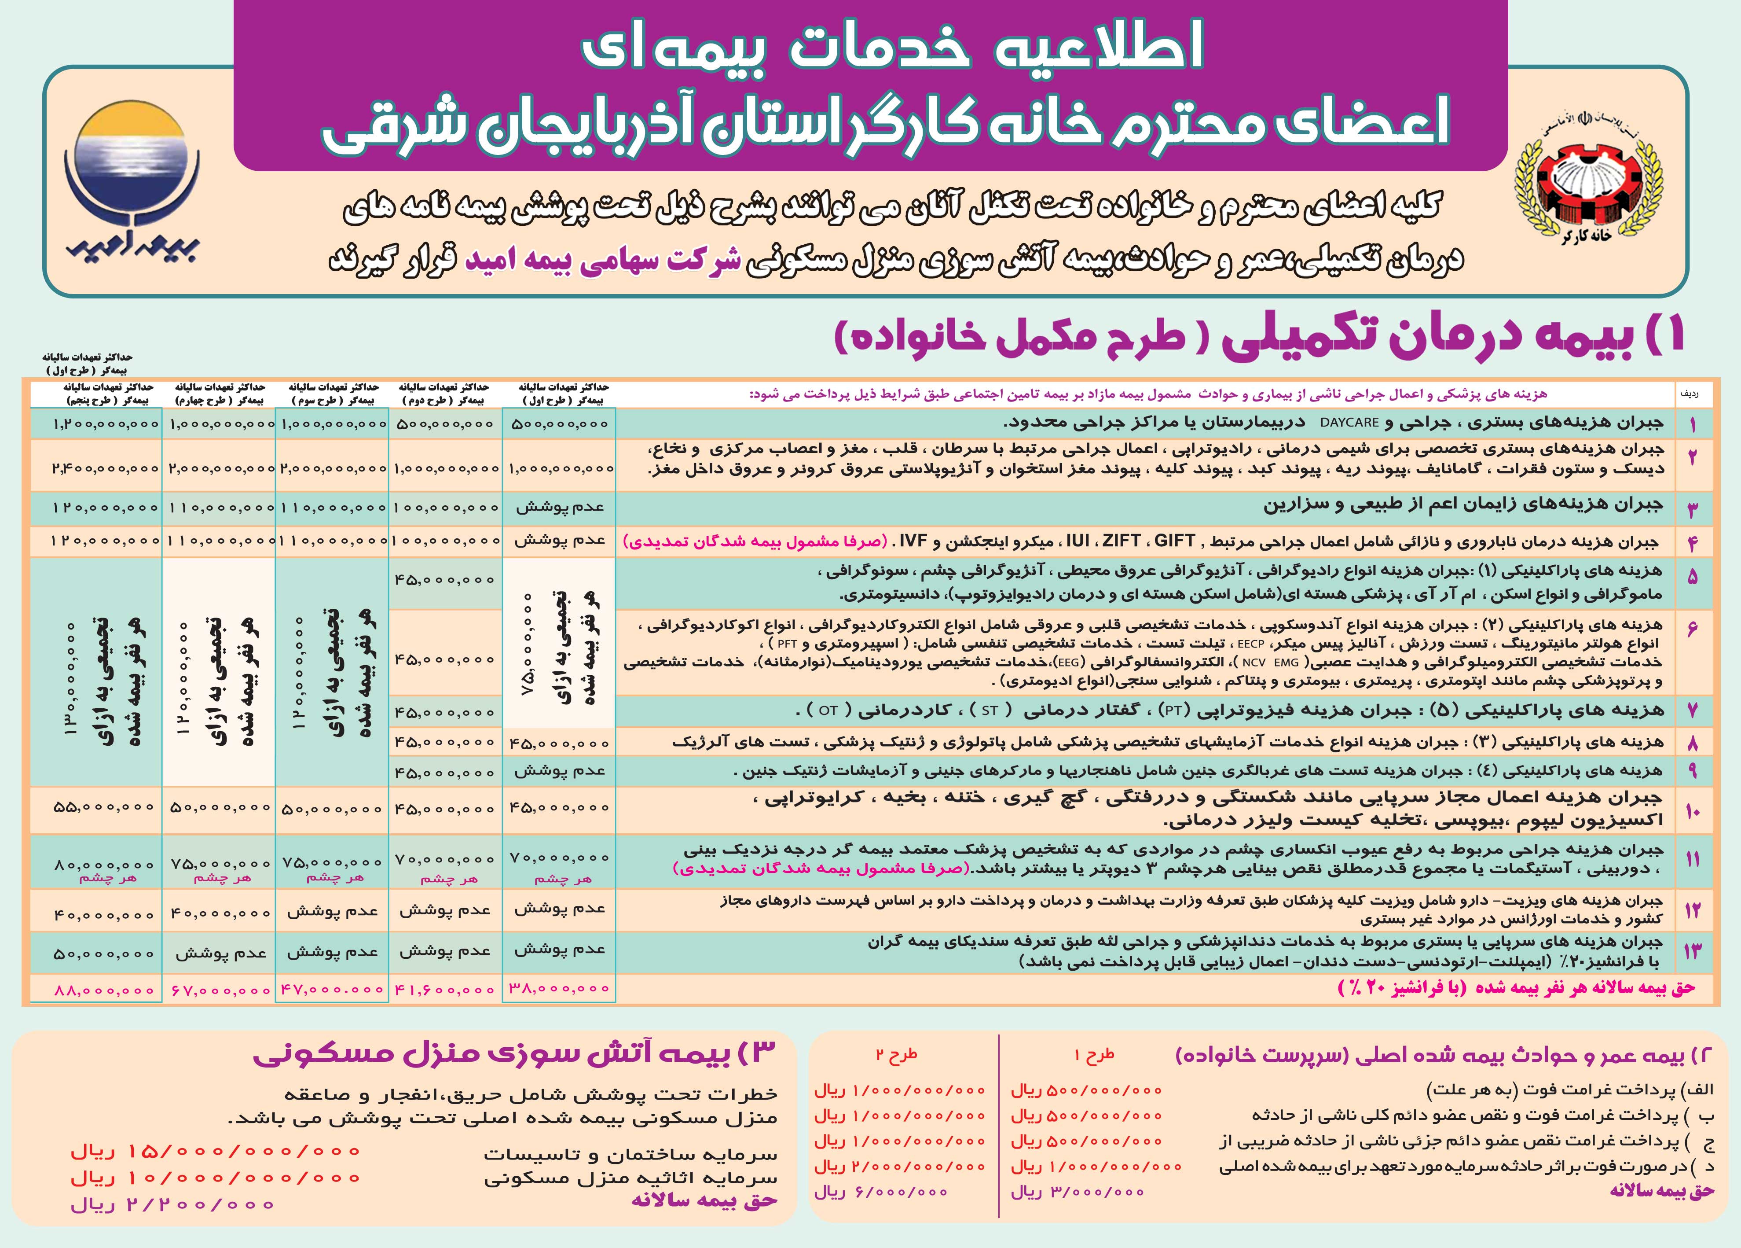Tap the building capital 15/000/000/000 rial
point(215,1152)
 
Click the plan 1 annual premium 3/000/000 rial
point(1078,1193)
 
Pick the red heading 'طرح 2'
point(897,1055)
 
